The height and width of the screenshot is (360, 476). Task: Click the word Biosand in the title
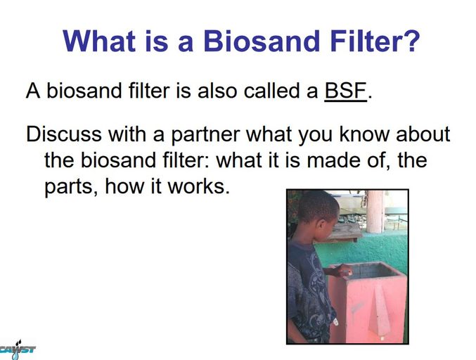(262, 41)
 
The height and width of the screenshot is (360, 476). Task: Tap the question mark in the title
(412, 41)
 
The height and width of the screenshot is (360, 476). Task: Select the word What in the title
(99, 41)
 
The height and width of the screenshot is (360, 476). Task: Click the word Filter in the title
(365, 41)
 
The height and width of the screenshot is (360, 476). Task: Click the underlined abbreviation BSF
(345, 91)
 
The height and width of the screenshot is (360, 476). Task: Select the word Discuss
(64, 134)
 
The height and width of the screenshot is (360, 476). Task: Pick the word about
(423, 134)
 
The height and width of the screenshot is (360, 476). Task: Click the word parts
(71, 187)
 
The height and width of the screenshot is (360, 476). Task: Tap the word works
(198, 186)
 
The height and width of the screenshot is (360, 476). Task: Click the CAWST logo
(18, 349)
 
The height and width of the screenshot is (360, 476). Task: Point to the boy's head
(318, 214)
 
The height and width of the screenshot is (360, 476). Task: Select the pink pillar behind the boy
(375, 212)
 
